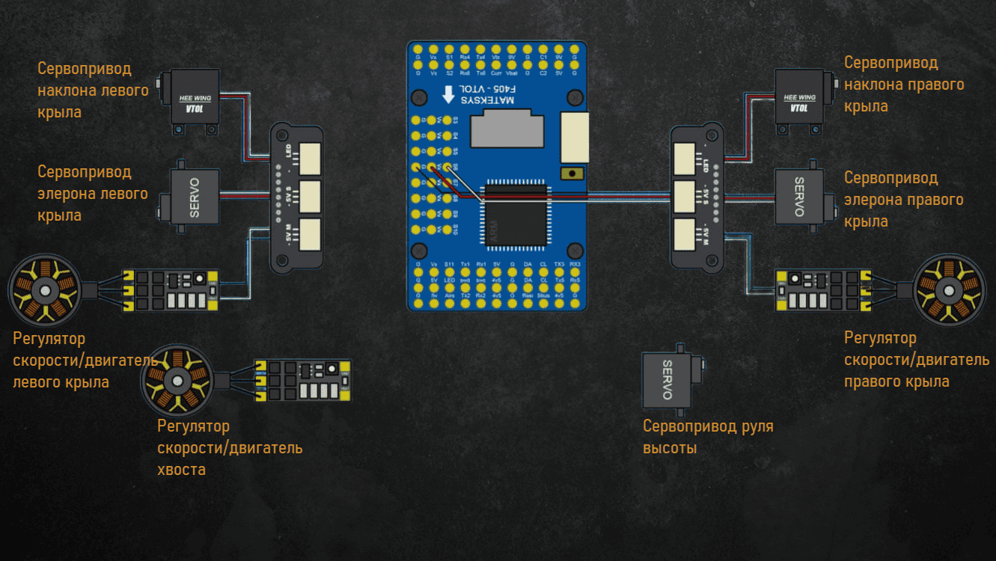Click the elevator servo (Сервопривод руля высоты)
667,381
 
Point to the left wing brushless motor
44,290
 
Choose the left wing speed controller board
172,290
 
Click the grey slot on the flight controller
507,129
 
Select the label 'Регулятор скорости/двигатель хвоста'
229,447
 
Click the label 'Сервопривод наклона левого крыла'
92,91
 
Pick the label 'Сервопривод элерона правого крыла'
903,200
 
